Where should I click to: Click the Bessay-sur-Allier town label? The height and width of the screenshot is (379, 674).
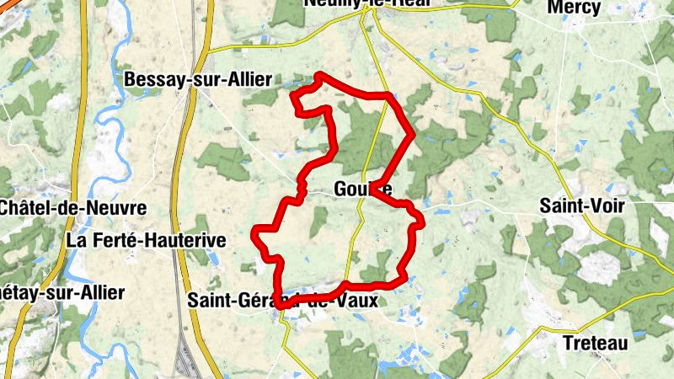[198, 80]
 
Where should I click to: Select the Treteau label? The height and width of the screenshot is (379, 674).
[595, 343]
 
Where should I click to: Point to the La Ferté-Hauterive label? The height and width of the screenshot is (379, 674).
[147, 240]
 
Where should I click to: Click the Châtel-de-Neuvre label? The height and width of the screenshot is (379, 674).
[74, 207]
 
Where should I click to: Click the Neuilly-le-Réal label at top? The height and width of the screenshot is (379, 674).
[368, 4]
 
